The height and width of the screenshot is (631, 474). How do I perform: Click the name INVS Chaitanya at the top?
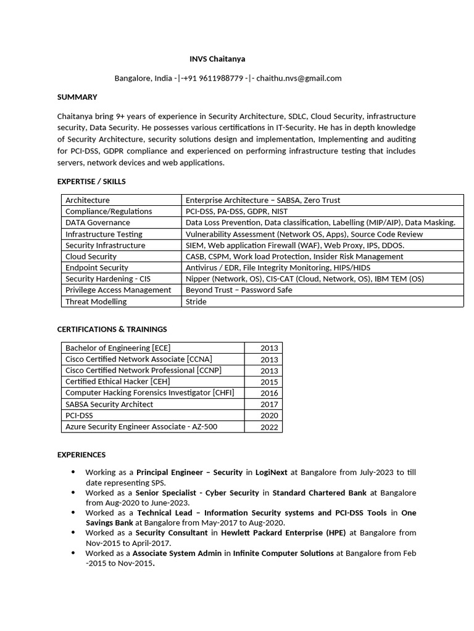click(217, 59)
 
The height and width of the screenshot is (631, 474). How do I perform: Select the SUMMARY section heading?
click(77, 97)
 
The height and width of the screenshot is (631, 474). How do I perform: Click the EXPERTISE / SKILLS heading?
click(91, 182)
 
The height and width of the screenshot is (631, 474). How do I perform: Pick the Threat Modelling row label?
click(96, 301)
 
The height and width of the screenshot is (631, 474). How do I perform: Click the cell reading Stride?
click(196, 301)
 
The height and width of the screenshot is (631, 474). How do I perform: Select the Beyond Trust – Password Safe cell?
click(239, 290)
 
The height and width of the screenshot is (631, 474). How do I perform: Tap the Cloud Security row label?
click(91, 256)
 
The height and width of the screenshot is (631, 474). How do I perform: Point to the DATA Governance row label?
click(98, 222)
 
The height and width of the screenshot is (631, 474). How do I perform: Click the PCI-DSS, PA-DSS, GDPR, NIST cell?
click(236, 211)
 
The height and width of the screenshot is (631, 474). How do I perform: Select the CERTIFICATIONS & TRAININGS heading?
click(112, 329)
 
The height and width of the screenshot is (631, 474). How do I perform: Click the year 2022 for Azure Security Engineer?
click(269, 427)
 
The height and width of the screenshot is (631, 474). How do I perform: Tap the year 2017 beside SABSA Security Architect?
click(269, 405)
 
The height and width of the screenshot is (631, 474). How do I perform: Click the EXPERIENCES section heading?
click(81, 455)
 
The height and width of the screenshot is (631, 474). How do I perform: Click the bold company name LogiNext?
click(271, 473)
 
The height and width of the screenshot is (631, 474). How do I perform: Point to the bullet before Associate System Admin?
click(73, 553)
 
